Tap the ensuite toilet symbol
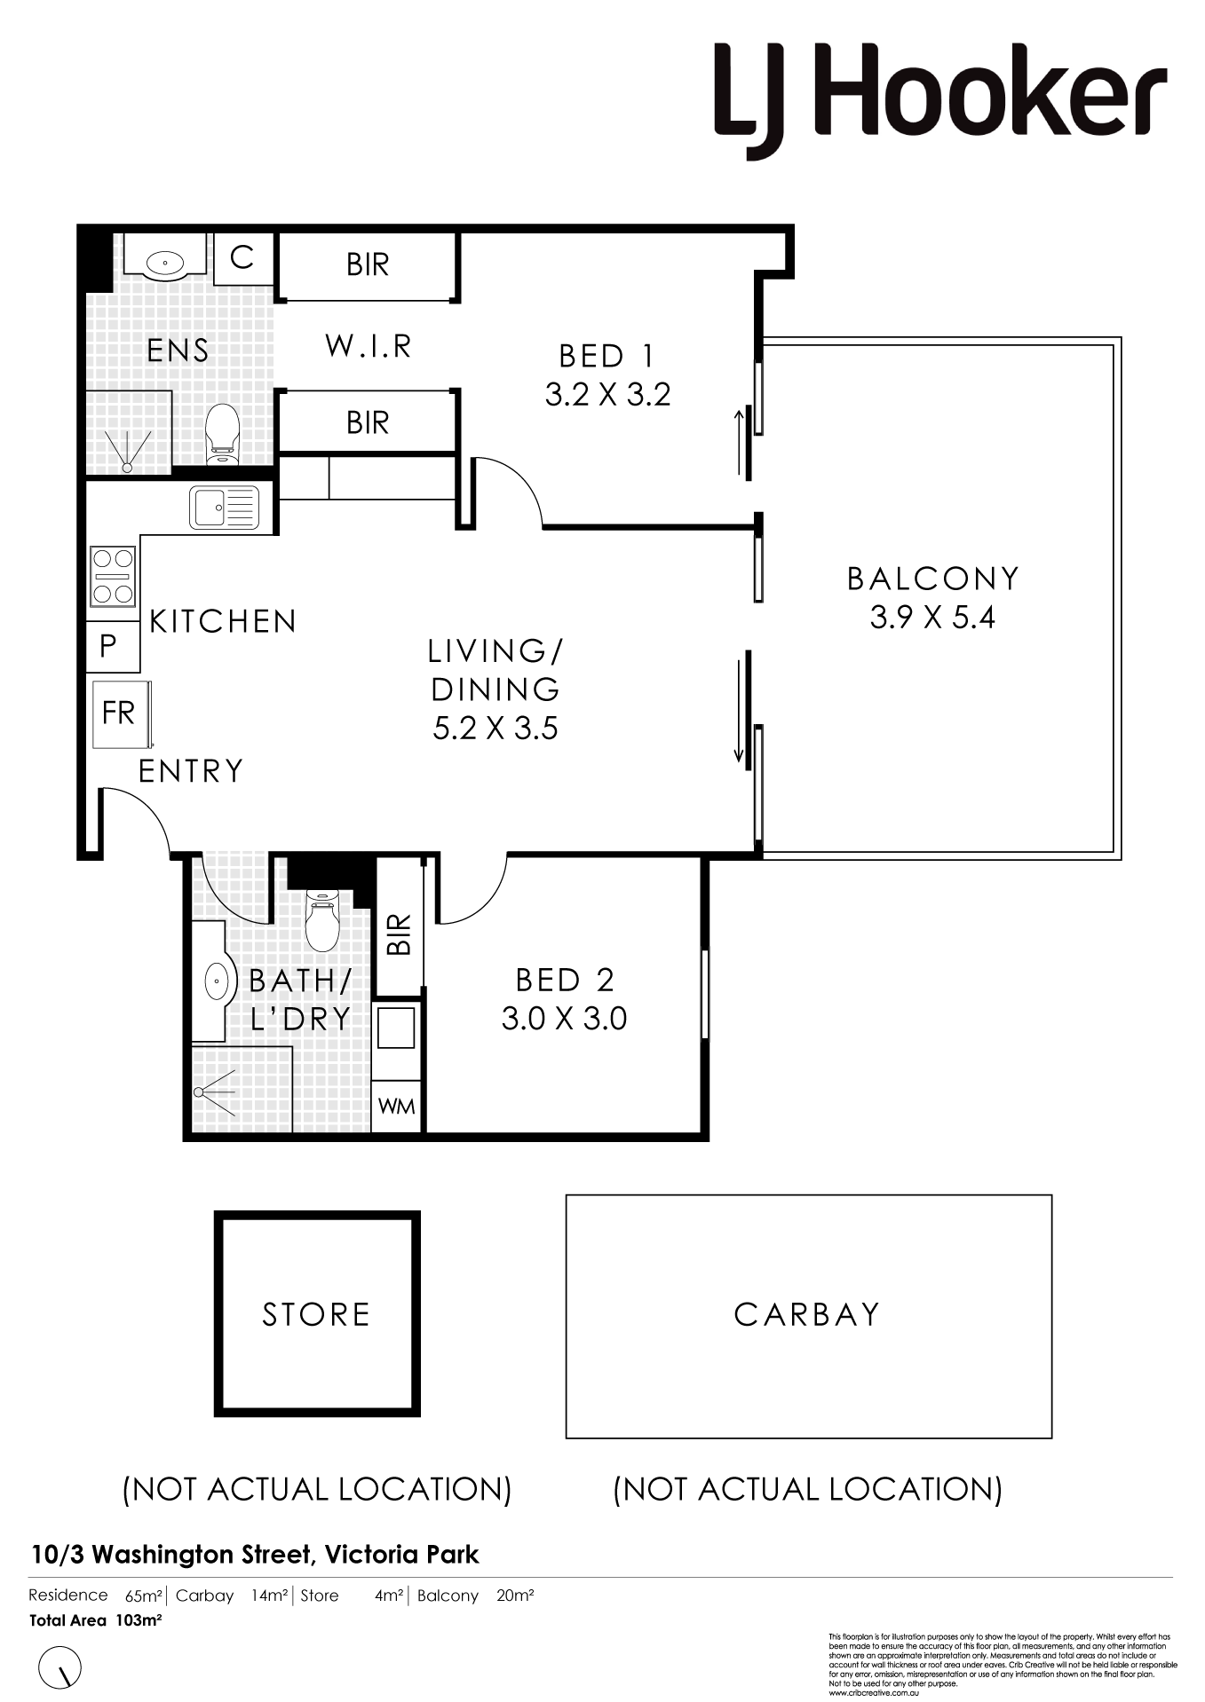[x=222, y=434]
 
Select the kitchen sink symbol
[x=224, y=508]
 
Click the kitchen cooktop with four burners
[x=113, y=576]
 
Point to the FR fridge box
[x=119, y=713]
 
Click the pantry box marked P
[x=109, y=646]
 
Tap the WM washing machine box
[x=396, y=1107]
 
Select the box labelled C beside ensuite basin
[x=242, y=258]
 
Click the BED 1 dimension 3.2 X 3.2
[x=607, y=395]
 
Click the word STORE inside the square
[x=316, y=1314]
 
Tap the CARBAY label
[x=807, y=1314]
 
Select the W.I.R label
[x=369, y=346]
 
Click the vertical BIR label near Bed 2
[x=400, y=934]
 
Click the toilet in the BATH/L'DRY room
[x=322, y=919]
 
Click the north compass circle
[x=60, y=1667]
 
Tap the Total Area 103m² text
[x=95, y=1620]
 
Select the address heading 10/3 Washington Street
[x=255, y=1555]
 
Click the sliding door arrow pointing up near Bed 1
[x=739, y=441]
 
